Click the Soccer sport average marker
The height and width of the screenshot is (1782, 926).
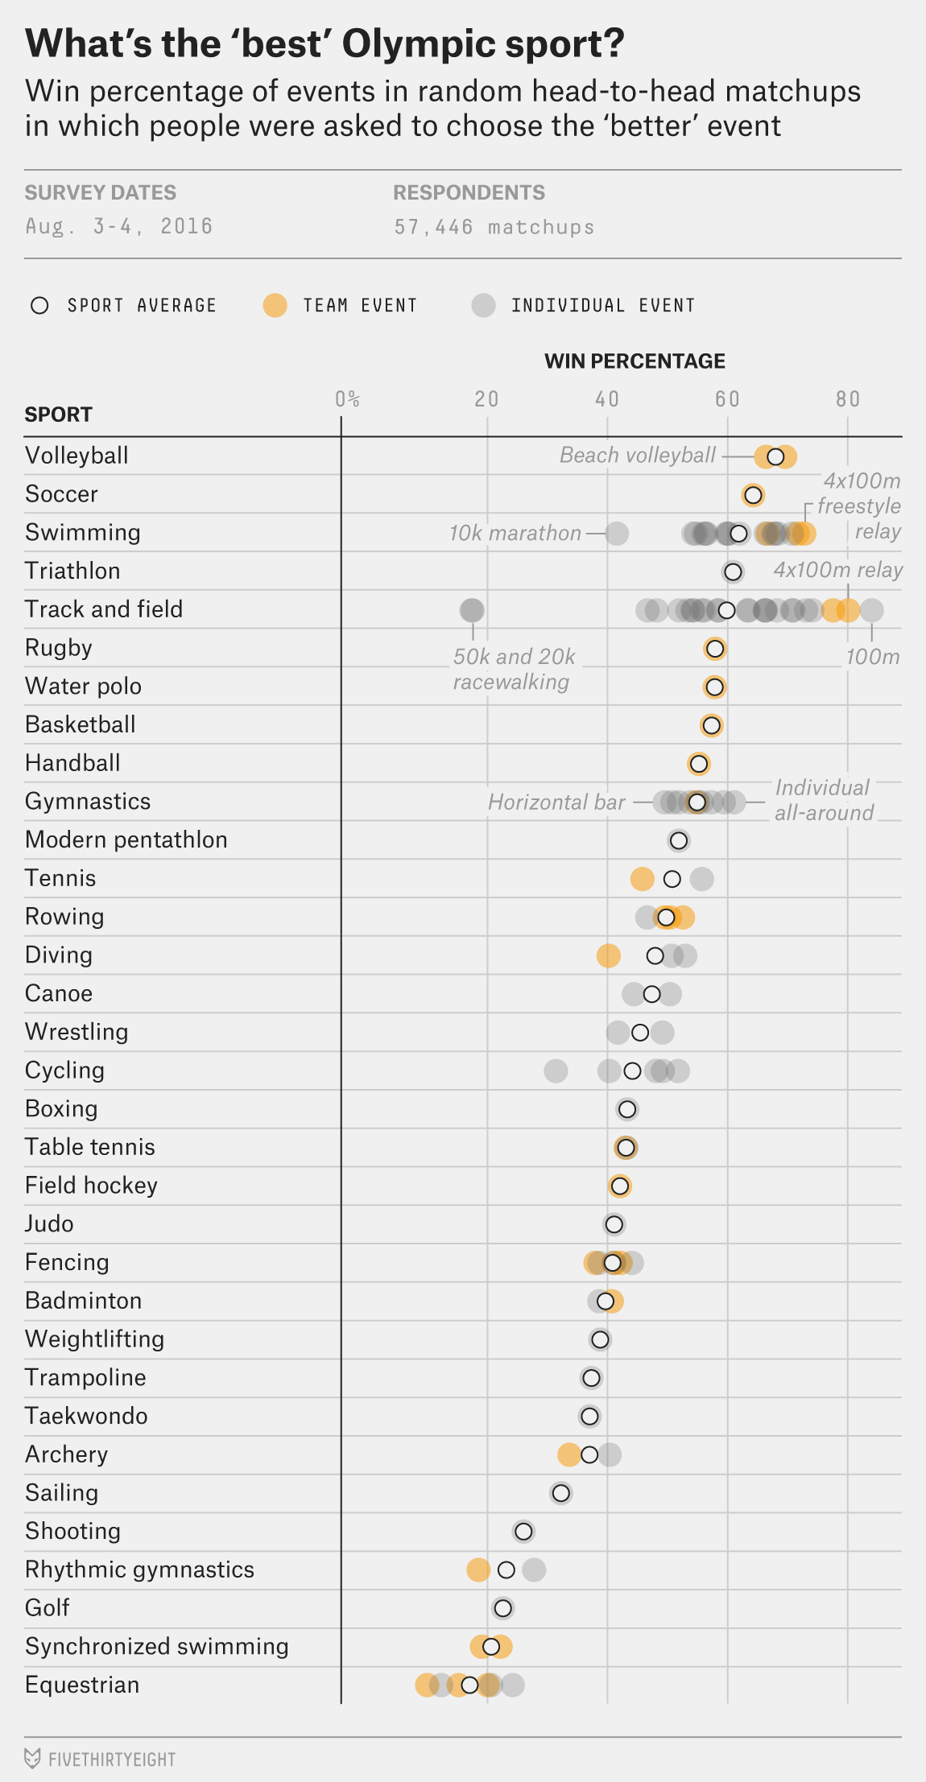[x=753, y=495]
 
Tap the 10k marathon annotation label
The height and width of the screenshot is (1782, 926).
[x=515, y=533]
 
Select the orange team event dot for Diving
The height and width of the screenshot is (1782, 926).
[x=608, y=955]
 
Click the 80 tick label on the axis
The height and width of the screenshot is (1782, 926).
[x=847, y=399]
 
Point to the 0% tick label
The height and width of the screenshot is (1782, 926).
[x=347, y=399]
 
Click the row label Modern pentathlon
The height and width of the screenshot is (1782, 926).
[x=126, y=839]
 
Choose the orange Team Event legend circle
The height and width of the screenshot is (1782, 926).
[x=275, y=306]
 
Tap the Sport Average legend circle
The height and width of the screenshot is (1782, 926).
[x=39, y=306]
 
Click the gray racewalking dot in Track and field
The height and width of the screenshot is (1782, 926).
[x=472, y=610]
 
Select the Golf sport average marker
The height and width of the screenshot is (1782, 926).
[x=502, y=1608]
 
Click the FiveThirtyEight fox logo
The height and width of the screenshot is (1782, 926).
[x=32, y=1758]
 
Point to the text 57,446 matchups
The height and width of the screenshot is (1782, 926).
[x=494, y=227]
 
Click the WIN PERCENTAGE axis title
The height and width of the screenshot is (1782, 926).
[x=635, y=361]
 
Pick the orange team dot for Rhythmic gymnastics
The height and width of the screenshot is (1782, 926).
[x=478, y=1570]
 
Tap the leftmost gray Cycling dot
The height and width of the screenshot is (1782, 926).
[x=556, y=1070]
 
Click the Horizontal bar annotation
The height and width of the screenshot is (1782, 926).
[x=556, y=802]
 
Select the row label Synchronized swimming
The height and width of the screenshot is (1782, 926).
[x=156, y=1646]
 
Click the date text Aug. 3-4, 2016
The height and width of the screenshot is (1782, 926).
[x=119, y=226]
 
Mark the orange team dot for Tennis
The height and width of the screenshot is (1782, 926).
[x=642, y=879]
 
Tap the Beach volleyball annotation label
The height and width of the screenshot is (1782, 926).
[x=637, y=456]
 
